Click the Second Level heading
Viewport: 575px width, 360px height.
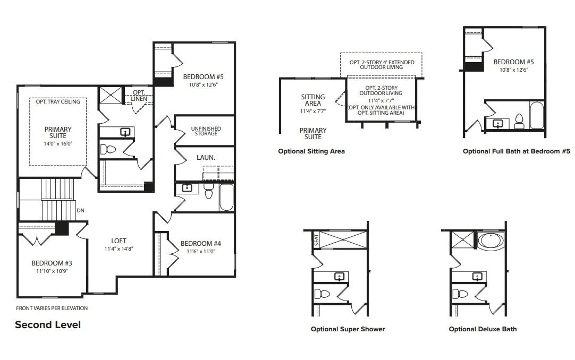(x=48, y=325)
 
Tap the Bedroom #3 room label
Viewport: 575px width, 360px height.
(x=52, y=263)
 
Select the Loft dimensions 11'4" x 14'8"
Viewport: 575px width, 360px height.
(x=119, y=248)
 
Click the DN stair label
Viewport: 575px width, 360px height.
(x=80, y=211)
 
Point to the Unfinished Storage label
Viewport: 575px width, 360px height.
(x=206, y=131)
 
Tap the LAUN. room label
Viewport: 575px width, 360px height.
(x=206, y=158)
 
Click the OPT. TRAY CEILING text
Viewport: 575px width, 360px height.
(x=58, y=101)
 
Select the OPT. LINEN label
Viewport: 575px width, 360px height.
(x=139, y=96)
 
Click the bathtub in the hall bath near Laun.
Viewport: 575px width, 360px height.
(x=226, y=198)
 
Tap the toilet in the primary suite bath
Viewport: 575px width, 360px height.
(x=108, y=149)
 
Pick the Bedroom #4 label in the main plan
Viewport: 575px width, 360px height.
(x=200, y=244)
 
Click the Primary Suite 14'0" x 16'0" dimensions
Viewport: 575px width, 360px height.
(x=58, y=143)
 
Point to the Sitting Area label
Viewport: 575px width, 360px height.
(x=313, y=100)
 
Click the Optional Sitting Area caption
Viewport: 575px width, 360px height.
(x=311, y=151)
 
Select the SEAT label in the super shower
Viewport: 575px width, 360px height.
(x=317, y=240)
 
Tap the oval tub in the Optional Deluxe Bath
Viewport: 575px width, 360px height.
(x=491, y=240)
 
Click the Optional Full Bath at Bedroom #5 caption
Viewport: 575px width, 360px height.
(x=517, y=151)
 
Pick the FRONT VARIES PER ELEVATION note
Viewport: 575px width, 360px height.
(x=52, y=308)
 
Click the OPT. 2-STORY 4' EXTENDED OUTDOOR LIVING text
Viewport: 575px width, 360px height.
(x=382, y=65)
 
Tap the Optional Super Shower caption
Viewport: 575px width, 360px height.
(x=348, y=329)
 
